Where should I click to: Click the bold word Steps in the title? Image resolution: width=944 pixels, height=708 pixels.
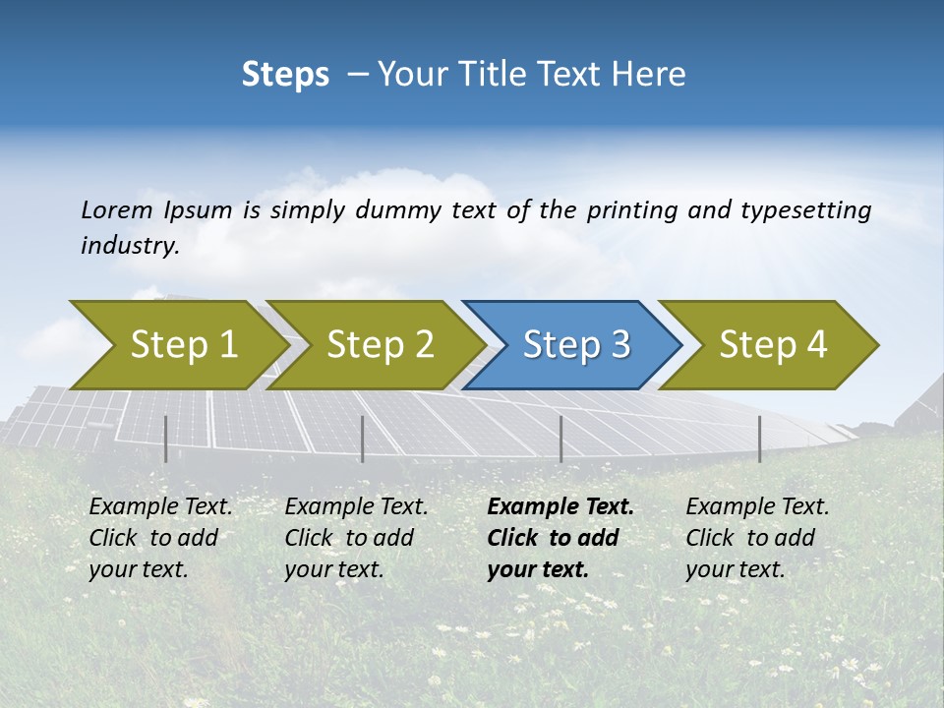pos(285,75)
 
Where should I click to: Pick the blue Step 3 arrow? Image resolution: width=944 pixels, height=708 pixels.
pos(576,345)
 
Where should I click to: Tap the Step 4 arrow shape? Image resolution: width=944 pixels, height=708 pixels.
pos(773,345)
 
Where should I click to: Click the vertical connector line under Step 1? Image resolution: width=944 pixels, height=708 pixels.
pos(166,439)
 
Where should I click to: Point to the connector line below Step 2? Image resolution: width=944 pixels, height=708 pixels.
pos(363,439)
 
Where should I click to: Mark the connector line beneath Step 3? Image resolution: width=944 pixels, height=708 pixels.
pos(561,439)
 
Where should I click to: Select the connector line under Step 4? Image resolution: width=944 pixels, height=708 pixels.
pos(760,439)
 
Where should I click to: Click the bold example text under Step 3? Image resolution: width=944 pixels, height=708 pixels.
pos(560,538)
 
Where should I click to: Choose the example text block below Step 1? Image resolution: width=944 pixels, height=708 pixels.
pos(160,538)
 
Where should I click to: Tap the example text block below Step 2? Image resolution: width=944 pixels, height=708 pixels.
pos(356,538)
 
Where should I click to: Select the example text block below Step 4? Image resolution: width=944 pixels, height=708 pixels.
pos(756,538)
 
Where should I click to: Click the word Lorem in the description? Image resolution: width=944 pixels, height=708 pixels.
pos(116,210)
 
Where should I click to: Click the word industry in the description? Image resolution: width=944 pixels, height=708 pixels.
pos(130,246)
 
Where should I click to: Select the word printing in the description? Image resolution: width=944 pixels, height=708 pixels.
pos(632,210)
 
